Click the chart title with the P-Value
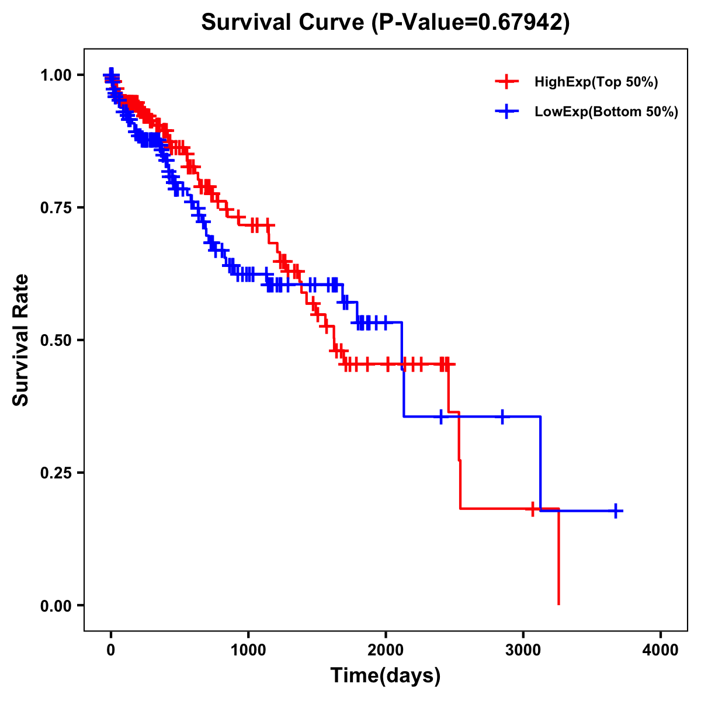point(385,22)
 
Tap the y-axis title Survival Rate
point(21,339)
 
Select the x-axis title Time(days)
point(385,675)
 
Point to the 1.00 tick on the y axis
point(55,75)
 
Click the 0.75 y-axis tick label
point(55,207)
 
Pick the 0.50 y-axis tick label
point(55,340)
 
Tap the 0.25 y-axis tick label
point(55,473)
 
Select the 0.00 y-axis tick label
point(55,605)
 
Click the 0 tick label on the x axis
point(111,650)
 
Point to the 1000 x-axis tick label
point(248,650)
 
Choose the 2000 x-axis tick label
point(386,650)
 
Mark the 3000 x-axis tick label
point(523,650)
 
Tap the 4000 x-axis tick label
point(661,650)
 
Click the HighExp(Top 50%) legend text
point(596,82)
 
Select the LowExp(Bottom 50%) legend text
point(606,112)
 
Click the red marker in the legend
point(506,82)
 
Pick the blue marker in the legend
point(506,112)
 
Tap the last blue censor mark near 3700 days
point(616,511)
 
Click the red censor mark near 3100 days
point(532,509)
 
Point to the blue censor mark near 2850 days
point(502,417)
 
